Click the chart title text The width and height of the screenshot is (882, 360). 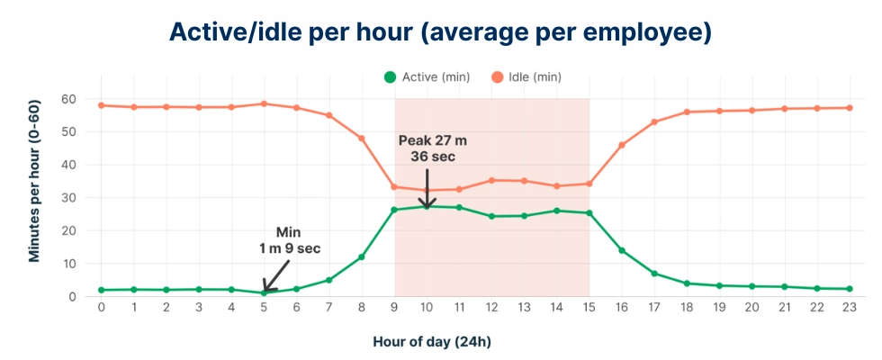pyautogui.click(x=441, y=32)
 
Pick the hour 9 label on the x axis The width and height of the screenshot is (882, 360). pyautogui.click(x=394, y=308)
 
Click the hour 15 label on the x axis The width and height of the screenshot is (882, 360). pyautogui.click(x=589, y=308)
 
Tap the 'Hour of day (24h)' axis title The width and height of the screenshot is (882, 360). pyautogui.click(x=432, y=342)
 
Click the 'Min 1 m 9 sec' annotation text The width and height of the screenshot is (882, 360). pyautogui.click(x=288, y=240)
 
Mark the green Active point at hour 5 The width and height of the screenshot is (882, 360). pyautogui.click(x=264, y=292)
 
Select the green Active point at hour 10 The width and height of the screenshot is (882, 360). pyautogui.click(x=427, y=206)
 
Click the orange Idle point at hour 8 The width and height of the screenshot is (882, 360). pyautogui.click(x=362, y=139)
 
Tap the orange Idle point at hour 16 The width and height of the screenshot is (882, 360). pyautogui.click(x=622, y=145)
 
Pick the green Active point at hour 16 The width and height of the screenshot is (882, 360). pyautogui.click(x=622, y=250)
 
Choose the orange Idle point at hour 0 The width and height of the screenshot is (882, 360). pyautogui.click(x=101, y=105)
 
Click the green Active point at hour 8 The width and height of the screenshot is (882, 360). pyautogui.click(x=362, y=257)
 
